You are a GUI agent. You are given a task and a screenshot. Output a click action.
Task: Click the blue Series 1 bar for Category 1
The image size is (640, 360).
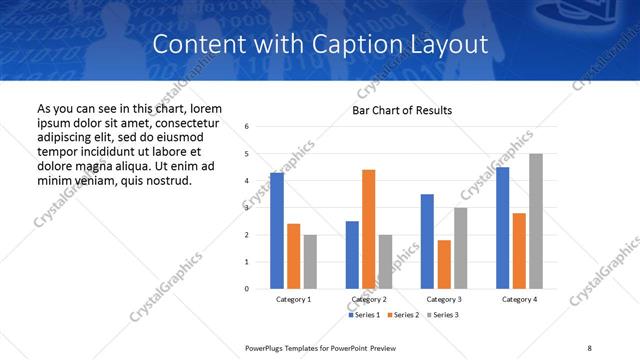pyautogui.click(x=277, y=230)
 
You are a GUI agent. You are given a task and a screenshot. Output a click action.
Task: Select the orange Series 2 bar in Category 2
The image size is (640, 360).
pyautogui.click(x=368, y=229)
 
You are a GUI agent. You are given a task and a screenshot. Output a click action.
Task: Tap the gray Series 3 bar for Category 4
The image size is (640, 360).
pyautogui.click(x=536, y=221)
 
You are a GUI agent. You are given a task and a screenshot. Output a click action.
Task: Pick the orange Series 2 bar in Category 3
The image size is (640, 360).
pyautogui.click(x=444, y=264)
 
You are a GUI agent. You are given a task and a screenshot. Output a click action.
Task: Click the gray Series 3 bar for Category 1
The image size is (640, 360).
pyautogui.click(x=310, y=262)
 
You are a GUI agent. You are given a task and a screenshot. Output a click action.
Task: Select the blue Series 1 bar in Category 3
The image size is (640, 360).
pyautogui.click(x=427, y=241)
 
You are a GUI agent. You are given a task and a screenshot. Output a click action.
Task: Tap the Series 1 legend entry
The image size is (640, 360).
pyautogui.click(x=364, y=315)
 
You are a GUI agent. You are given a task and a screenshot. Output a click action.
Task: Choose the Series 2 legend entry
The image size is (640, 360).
pyautogui.click(x=402, y=315)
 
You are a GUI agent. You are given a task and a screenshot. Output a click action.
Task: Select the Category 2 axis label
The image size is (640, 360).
pyautogui.click(x=369, y=299)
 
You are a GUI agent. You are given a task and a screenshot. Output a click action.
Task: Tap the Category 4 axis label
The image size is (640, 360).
pyautogui.click(x=519, y=299)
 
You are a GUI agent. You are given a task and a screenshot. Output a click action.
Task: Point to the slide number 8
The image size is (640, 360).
pyautogui.click(x=589, y=347)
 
